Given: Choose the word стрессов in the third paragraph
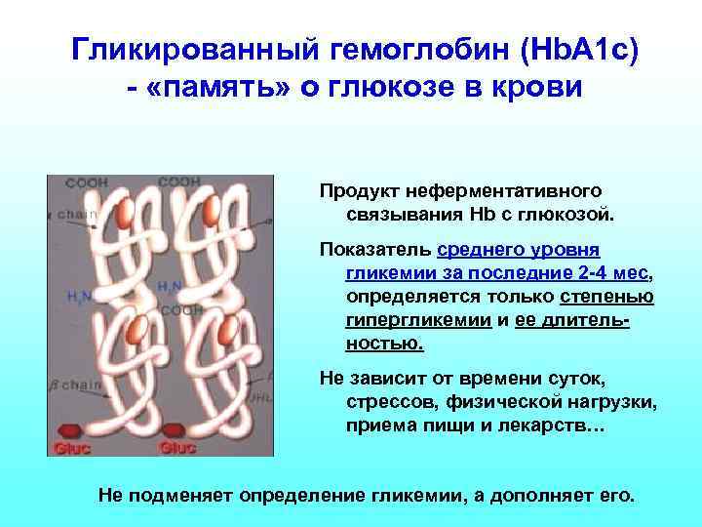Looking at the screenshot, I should point(388,402).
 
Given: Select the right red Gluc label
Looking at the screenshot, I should point(177,448).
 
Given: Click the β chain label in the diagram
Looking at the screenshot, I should point(77,385).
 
